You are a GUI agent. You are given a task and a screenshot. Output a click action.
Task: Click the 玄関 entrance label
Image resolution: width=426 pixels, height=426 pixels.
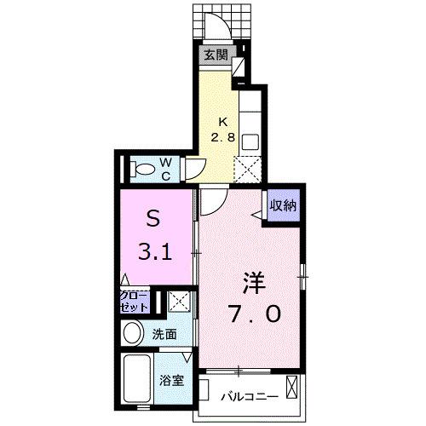pos(216,57)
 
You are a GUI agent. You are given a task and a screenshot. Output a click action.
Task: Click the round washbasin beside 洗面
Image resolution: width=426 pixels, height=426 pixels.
pos(133,332)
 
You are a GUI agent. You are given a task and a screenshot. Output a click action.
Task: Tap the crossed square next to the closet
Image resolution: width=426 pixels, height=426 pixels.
pos(179,300)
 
